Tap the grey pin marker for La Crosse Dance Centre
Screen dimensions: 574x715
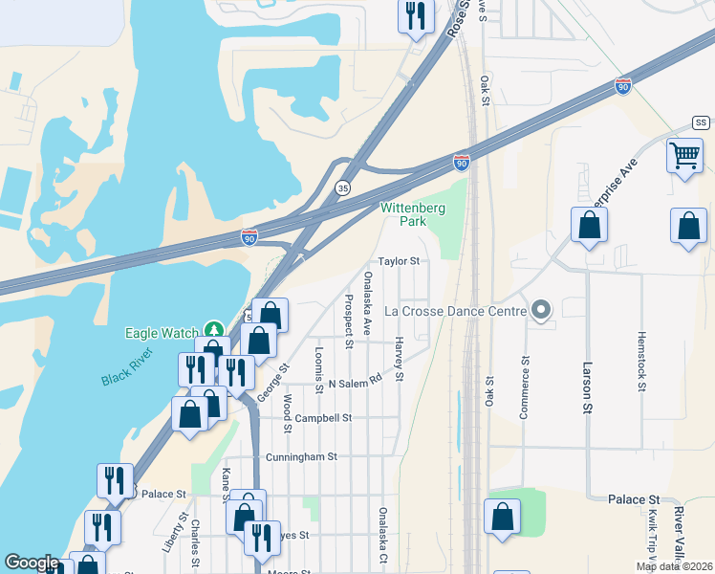pos(542,310)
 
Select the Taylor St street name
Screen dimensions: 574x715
pos(399,260)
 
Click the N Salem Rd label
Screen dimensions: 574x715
pos(355,383)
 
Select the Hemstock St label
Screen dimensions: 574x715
pos(640,363)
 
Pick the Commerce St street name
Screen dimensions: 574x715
pos(524,386)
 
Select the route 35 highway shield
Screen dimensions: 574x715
pos(342,188)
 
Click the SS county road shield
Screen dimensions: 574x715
pos(701,123)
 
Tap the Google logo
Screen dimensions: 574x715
pos(32,563)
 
